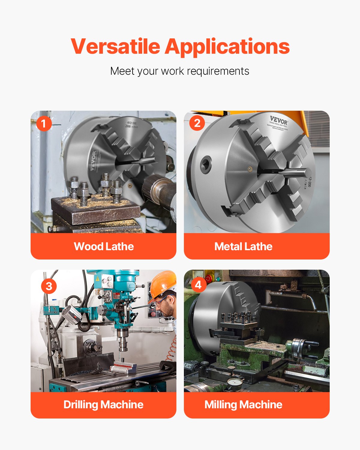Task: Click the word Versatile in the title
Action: click(115, 46)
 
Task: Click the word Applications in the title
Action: click(227, 47)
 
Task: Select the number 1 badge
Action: click(44, 124)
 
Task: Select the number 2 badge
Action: click(197, 123)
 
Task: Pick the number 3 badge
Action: click(49, 286)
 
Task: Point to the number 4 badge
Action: click(198, 284)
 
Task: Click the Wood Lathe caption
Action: click(103, 247)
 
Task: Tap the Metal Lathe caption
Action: click(243, 247)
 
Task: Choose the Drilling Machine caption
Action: click(103, 405)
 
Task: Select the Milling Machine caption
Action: click(243, 405)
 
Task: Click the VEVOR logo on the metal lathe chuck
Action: click(279, 121)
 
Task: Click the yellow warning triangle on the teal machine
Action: click(97, 279)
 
